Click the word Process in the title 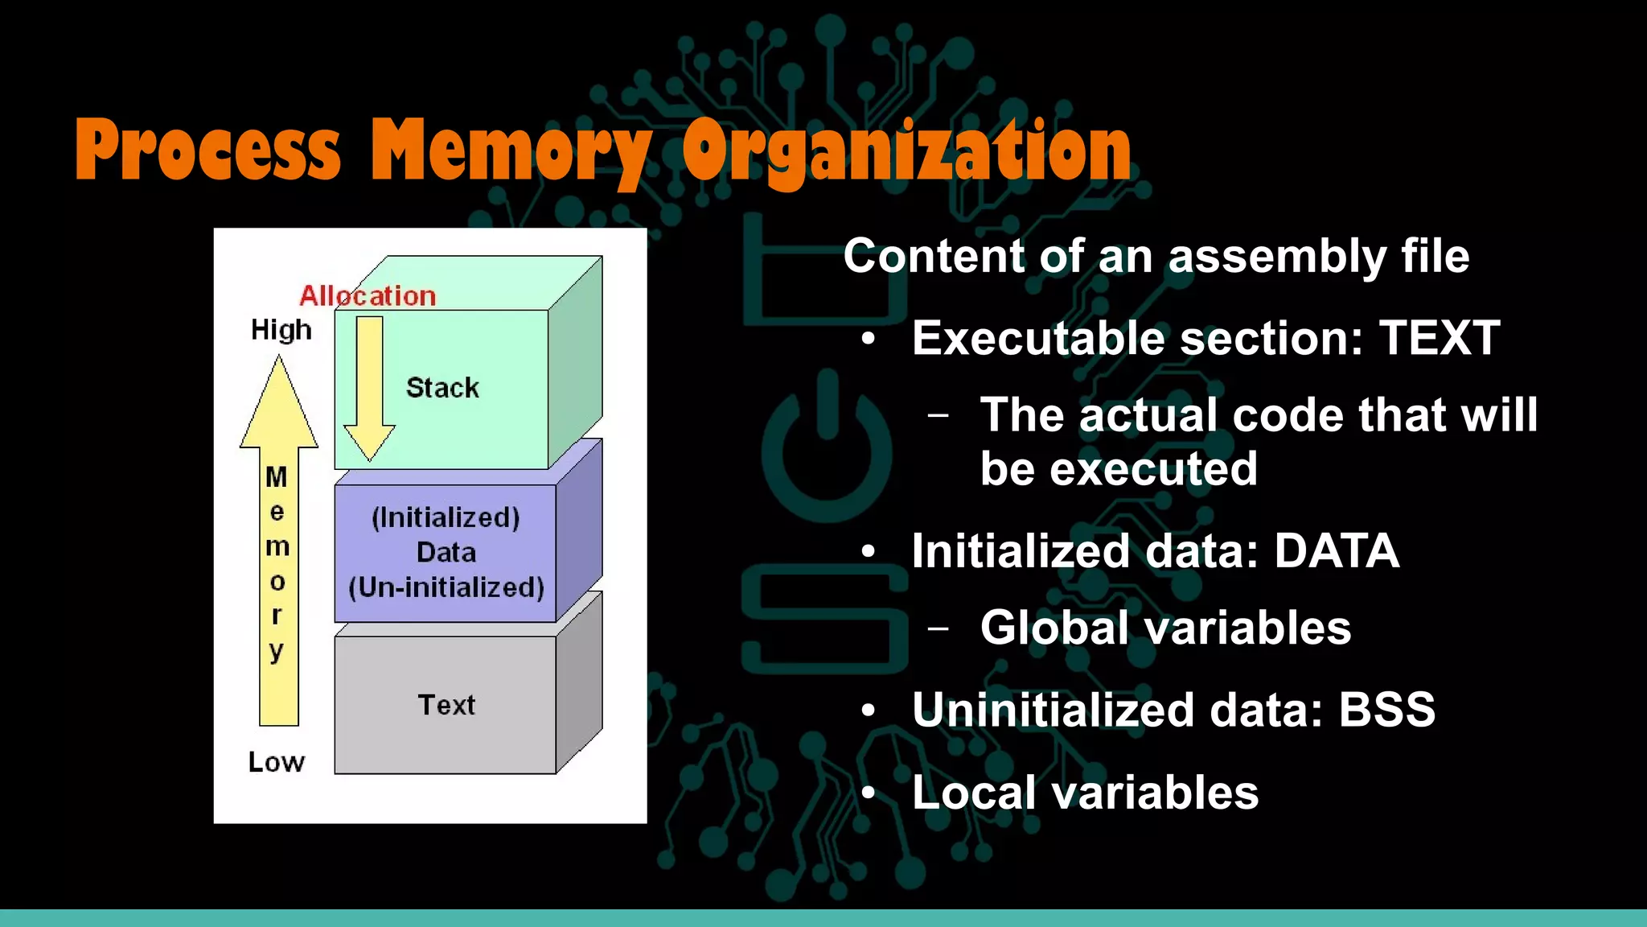point(207,150)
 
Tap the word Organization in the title point(907,150)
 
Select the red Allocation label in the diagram point(368,296)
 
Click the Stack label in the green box point(442,388)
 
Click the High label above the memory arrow point(281,330)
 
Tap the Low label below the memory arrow point(277,762)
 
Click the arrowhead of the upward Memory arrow point(279,402)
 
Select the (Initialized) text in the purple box point(446,517)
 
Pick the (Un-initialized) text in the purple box point(446,587)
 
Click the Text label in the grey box point(446,705)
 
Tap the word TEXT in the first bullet point(1440,338)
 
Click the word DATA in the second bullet point(1337,551)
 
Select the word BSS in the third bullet point(1386,710)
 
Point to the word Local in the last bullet point(974,793)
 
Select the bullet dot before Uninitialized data point(868,711)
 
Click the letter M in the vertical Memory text point(277,477)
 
